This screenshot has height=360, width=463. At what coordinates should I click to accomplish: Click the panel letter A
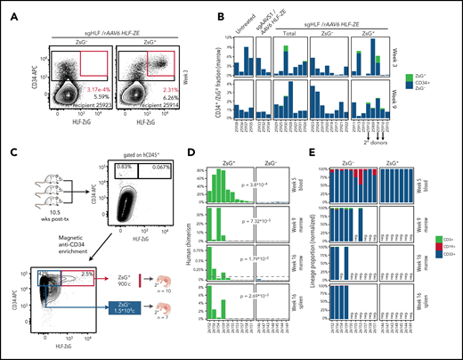click(x=6, y=7)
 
